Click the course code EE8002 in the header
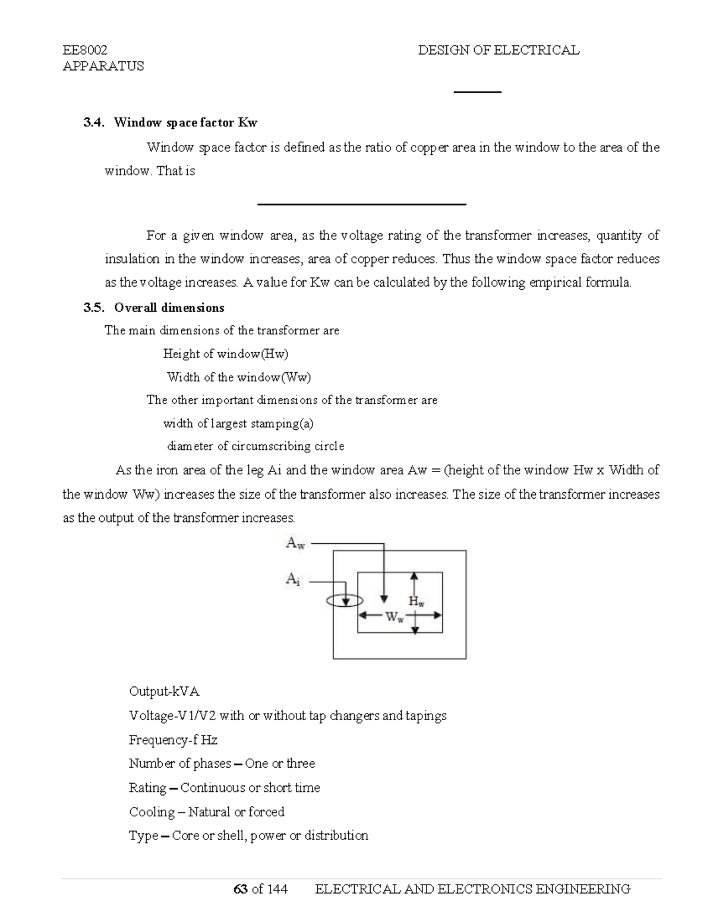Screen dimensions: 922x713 click(85, 50)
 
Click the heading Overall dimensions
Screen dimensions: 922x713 click(169, 308)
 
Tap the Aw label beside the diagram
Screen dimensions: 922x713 click(295, 543)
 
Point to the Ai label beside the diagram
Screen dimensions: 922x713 click(293, 579)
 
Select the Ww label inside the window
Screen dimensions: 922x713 click(395, 617)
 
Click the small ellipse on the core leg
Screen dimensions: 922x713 click(345, 601)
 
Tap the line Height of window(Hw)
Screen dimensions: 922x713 click(226, 354)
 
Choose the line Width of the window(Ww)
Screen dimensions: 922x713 click(239, 377)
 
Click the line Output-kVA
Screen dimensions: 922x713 click(164, 692)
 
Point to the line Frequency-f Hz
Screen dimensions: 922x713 click(173, 740)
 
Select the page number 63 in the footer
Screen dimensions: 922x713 click(241, 889)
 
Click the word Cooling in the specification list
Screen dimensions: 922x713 click(152, 812)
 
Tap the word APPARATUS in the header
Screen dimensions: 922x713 click(103, 66)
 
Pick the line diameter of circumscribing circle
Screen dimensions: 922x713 click(255, 446)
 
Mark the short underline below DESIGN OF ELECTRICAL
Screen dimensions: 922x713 click(478, 92)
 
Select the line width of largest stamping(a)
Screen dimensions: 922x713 click(238, 423)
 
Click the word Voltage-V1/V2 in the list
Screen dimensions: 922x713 click(172, 716)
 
